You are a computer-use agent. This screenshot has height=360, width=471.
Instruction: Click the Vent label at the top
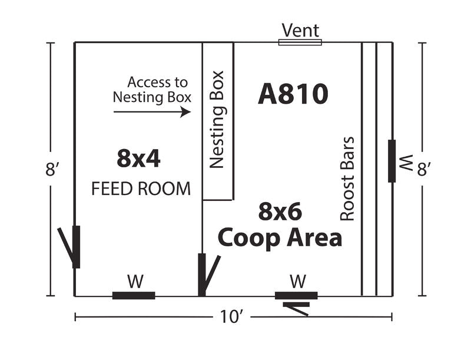300,30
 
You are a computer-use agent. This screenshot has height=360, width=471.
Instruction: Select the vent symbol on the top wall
300,42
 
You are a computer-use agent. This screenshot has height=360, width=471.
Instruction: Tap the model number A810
293,94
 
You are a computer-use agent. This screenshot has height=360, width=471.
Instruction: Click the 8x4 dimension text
138,158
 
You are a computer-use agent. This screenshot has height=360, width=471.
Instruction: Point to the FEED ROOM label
141,189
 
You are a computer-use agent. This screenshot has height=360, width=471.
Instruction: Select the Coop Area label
280,237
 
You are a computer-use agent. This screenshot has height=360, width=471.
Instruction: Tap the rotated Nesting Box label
218,120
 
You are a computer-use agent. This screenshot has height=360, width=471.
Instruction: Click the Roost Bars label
347,179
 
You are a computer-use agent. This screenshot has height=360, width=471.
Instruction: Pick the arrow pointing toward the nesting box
152,111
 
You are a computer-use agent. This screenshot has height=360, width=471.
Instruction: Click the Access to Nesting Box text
152,90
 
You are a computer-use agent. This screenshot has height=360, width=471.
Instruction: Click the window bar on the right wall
392,161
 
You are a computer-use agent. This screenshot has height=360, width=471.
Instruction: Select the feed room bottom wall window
134,295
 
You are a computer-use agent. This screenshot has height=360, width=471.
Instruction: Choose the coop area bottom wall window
296,295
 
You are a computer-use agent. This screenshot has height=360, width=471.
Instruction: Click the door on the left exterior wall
72,246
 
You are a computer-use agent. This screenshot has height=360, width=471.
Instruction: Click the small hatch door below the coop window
296,308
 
